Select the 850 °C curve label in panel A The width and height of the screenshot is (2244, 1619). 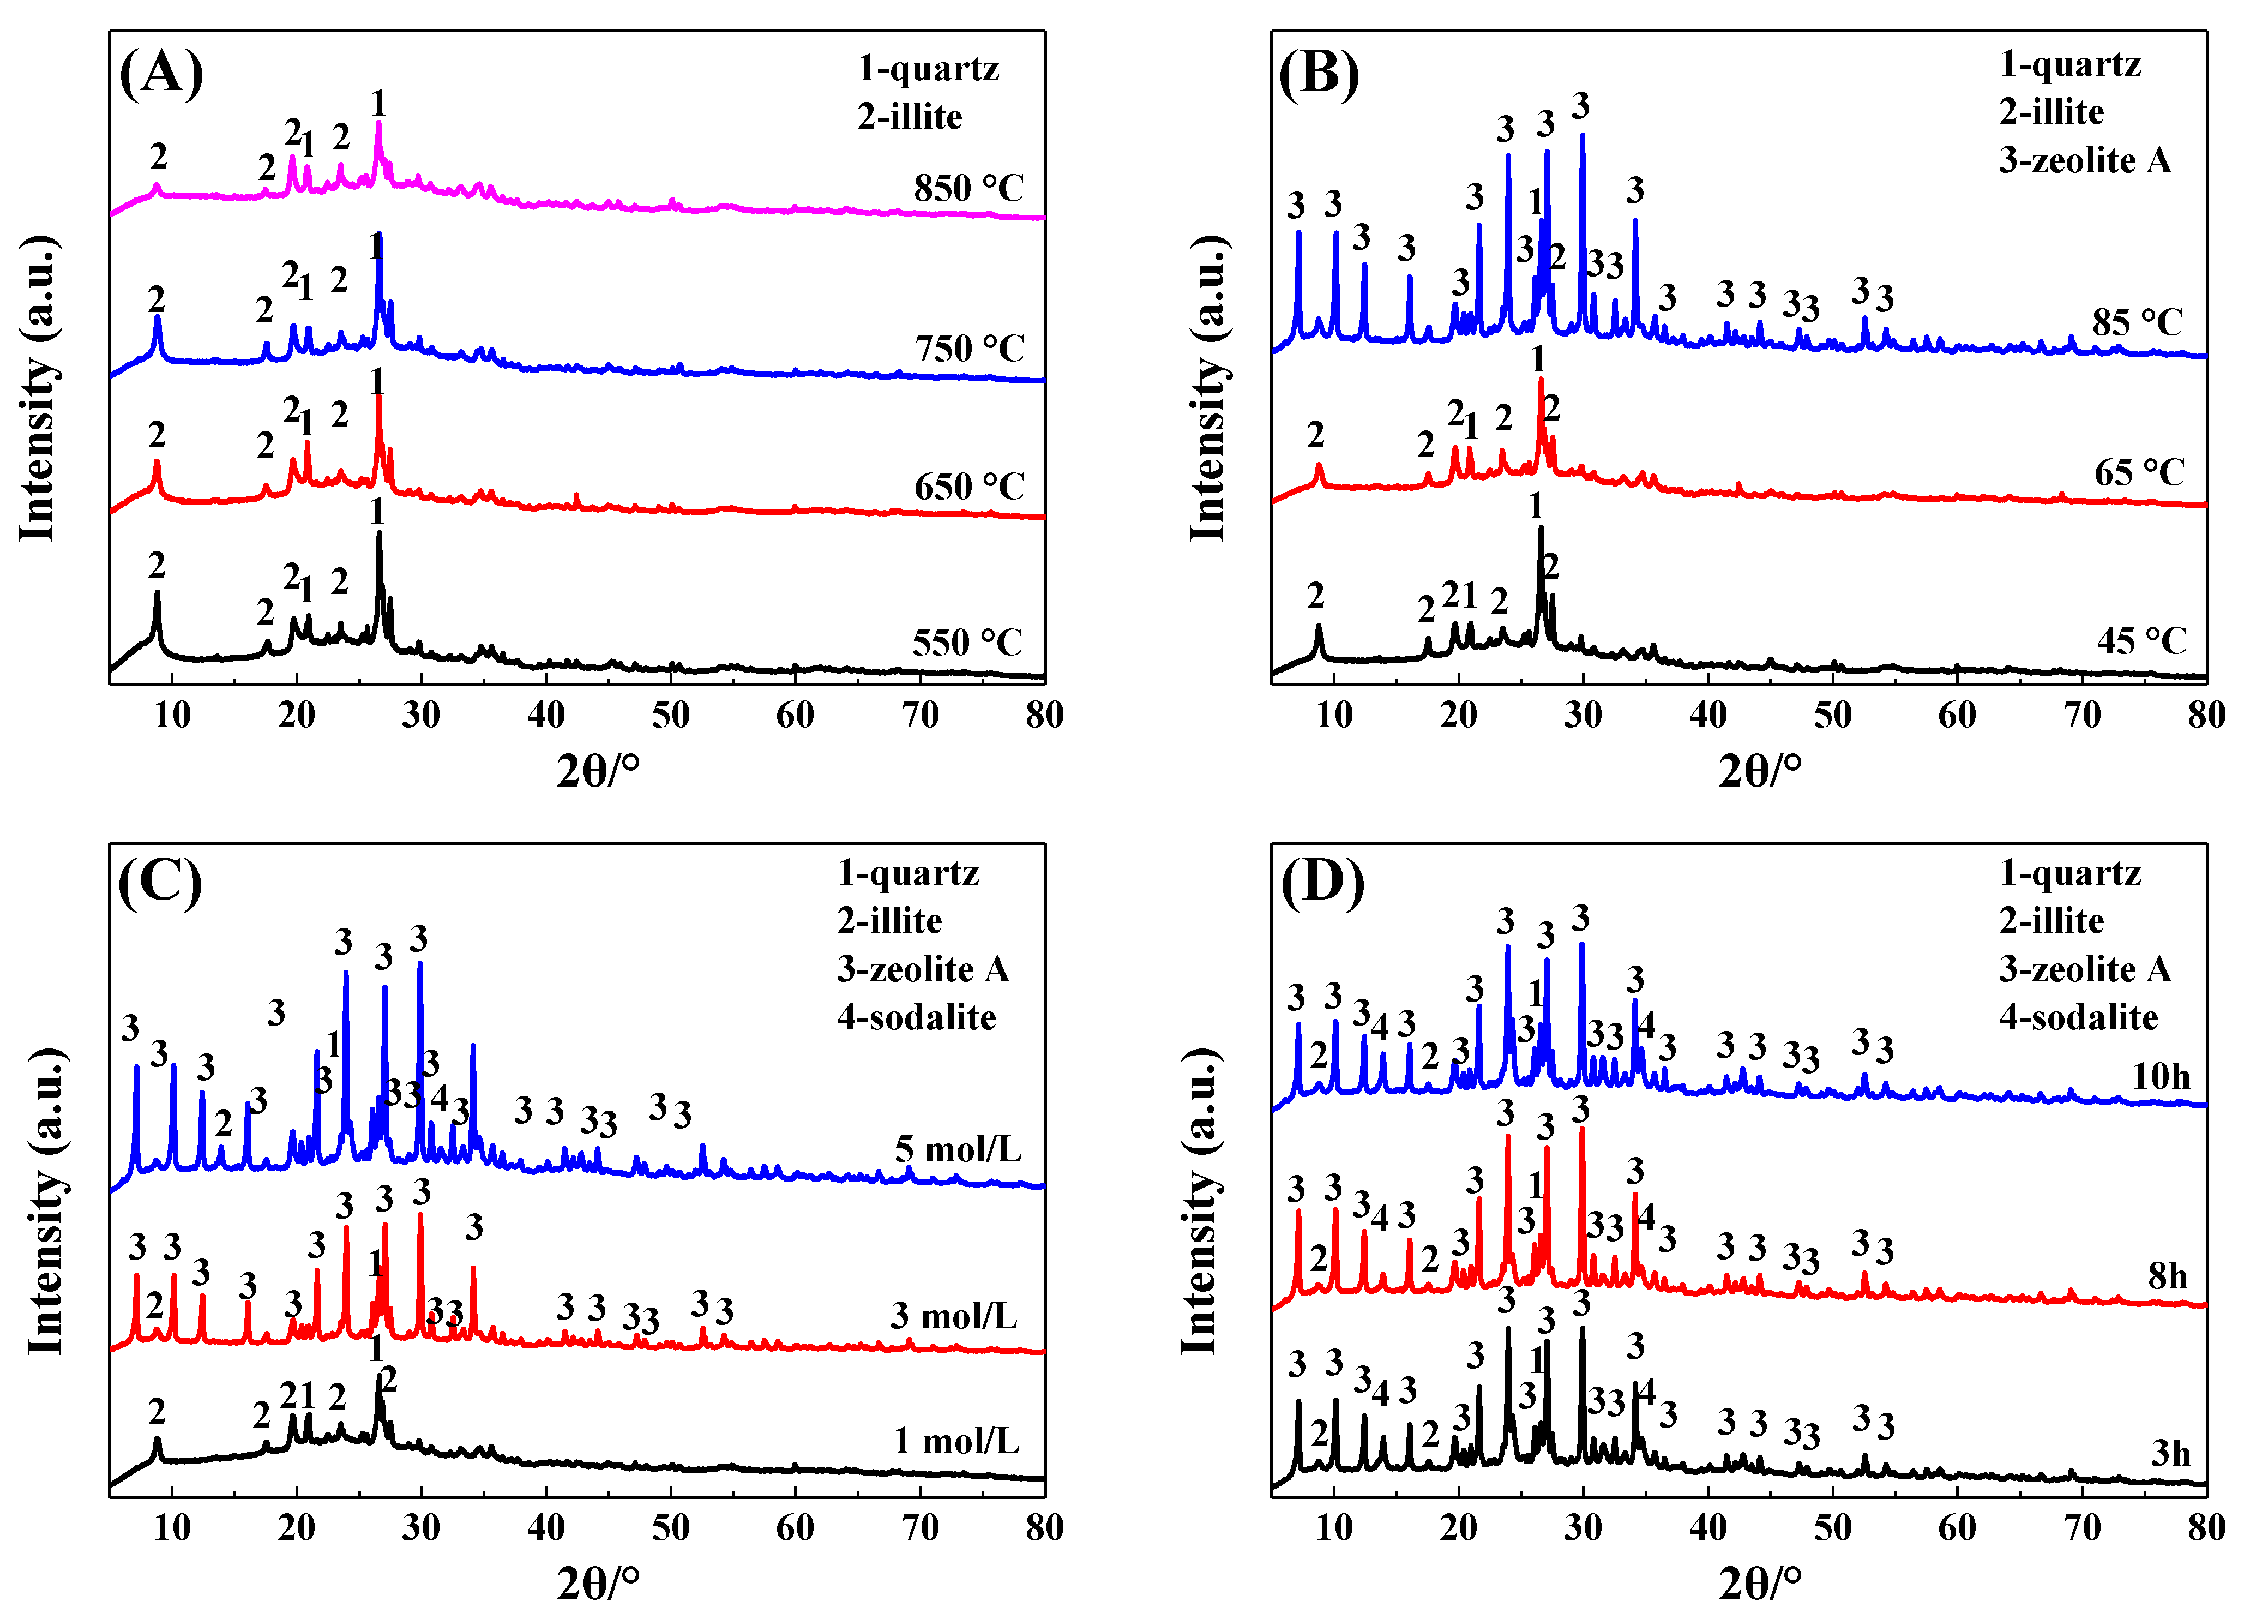(x=967, y=188)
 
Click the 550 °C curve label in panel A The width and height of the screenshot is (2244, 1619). (x=966, y=643)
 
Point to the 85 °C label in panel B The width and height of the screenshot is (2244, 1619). (x=2136, y=322)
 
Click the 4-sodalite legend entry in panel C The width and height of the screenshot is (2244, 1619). (x=916, y=1017)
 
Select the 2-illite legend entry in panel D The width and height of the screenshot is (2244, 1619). (x=2051, y=920)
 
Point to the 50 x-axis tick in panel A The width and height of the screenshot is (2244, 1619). (x=671, y=715)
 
